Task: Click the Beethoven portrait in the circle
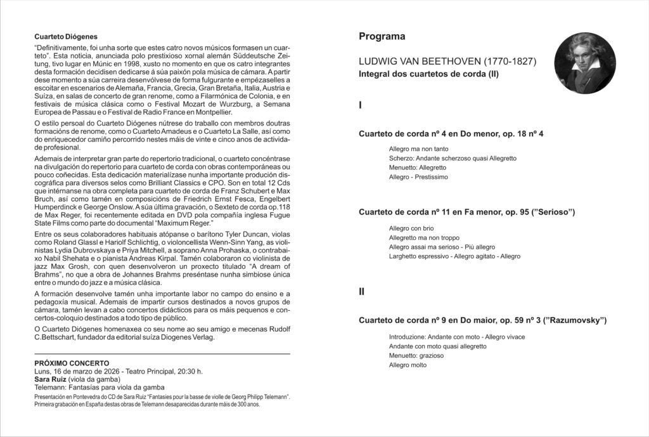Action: pyautogui.click(x=585, y=63)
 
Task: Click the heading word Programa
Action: pyautogui.click(x=382, y=37)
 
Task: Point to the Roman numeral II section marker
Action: pyautogui.click(x=362, y=292)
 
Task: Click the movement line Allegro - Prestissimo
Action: pyautogui.click(x=418, y=178)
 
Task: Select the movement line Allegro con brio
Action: pyautogui.click(x=411, y=228)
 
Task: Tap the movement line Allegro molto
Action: pyautogui.click(x=408, y=365)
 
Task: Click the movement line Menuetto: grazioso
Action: pyautogui.click(x=416, y=356)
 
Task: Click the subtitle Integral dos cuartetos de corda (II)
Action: pyautogui.click(x=428, y=75)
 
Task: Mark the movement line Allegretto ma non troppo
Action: pyautogui.click(x=423, y=237)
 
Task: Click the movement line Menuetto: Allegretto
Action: pyautogui.click(x=418, y=167)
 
